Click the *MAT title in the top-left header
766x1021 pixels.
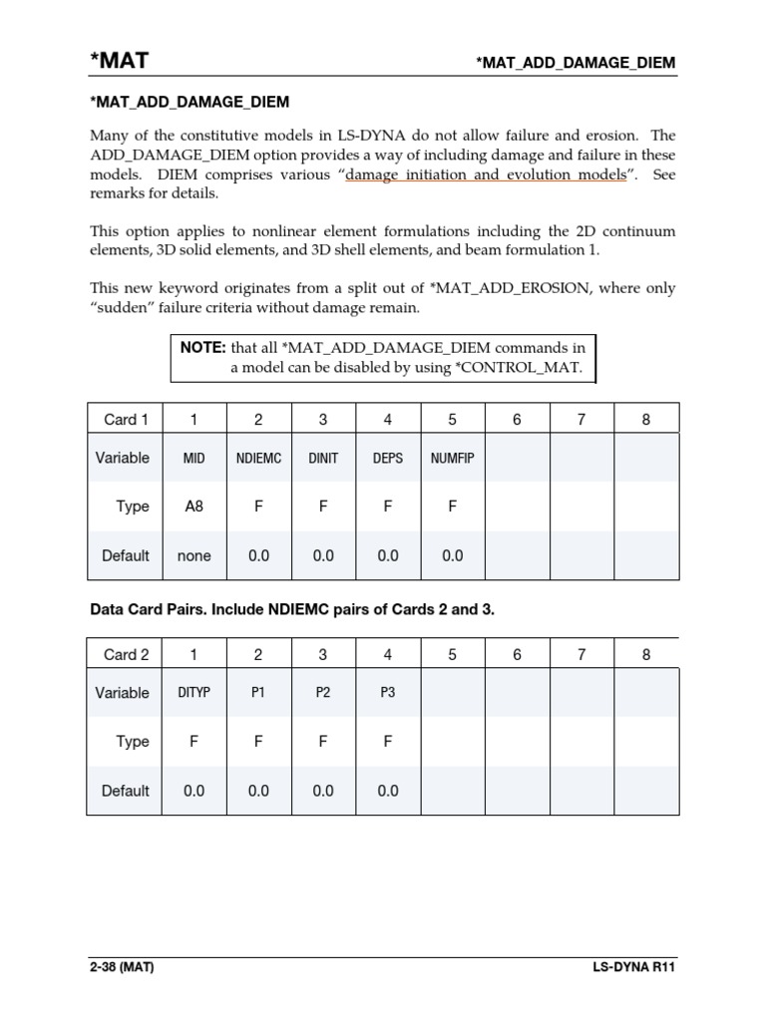tap(119, 61)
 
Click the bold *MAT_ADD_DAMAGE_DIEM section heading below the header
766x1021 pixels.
tap(190, 102)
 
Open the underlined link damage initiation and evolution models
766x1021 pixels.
tap(486, 174)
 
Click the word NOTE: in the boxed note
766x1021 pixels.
tap(203, 348)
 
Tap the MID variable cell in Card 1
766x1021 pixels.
tap(193, 459)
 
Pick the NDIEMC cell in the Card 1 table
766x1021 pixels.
tap(258, 459)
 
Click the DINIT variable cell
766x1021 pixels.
tap(323, 459)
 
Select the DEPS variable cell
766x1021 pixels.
tap(388, 459)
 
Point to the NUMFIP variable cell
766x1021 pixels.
tap(453, 459)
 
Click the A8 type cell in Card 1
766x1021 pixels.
tap(193, 507)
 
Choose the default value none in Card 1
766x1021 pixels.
tap(193, 556)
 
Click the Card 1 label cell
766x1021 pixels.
tap(126, 420)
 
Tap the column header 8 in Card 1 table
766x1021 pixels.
tap(646, 420)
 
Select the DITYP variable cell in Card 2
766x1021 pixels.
tap(193, 693)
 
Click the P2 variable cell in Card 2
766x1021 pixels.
tap(323, 693)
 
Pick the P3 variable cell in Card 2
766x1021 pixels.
tap(388, 693)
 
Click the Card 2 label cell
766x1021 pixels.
tap(126, 655)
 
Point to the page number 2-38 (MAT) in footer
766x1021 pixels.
tap(121, 967)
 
